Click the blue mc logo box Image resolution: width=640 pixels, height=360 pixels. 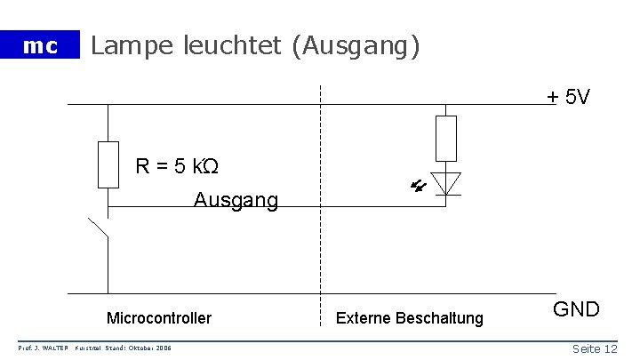[39, 45]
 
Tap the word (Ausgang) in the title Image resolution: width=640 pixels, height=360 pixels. [353, 45]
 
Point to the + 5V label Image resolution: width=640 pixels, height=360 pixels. [568, 96]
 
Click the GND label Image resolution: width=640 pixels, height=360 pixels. [577, 309]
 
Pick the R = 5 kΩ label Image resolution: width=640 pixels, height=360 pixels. [177, 165]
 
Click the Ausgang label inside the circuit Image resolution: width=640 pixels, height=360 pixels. [236, 201]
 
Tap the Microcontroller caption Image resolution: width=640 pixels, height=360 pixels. [159, 317]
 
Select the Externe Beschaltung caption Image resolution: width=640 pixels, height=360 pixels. [409, 317]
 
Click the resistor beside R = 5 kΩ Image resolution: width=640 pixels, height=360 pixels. [108, 164]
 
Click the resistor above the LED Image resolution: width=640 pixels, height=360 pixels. [445, 138]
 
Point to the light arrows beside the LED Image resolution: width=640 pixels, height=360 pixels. [417, 186]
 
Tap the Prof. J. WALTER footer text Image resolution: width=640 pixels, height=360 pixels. [44, 348]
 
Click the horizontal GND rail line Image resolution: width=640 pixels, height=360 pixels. [311, 293]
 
